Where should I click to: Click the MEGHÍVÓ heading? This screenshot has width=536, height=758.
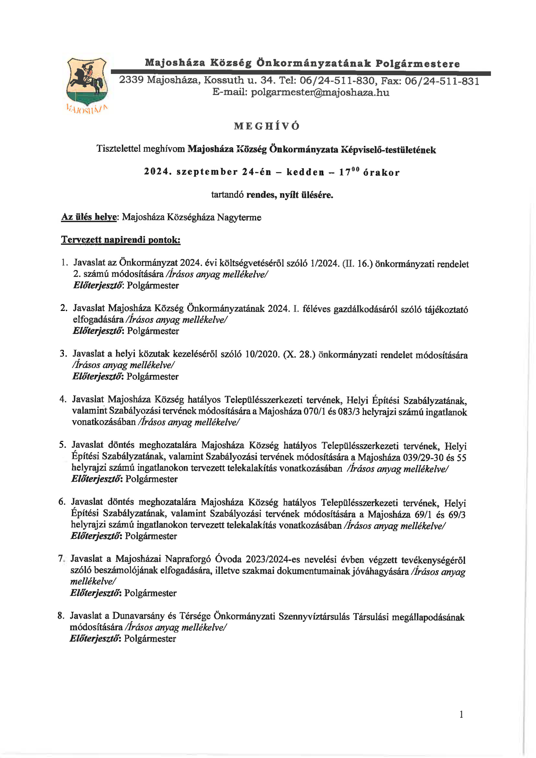tap(267, 126)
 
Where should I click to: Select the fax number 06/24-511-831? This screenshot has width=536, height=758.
tap(442, 81)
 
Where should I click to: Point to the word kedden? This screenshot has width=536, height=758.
tap(305, 172)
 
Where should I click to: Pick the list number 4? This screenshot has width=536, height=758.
tap(63, 399)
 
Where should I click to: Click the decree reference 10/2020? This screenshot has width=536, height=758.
tap(262, 354)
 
